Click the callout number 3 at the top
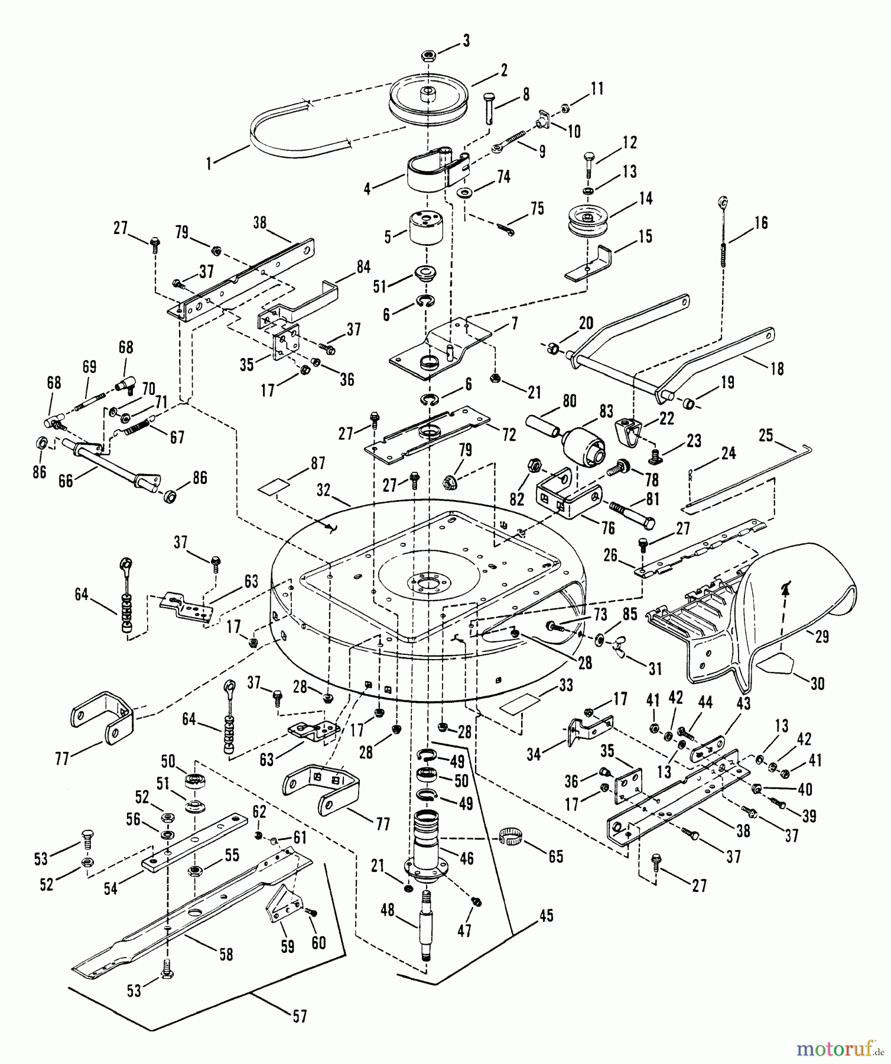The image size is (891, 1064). [466, 41]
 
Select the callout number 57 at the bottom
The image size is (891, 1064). [300, 1016]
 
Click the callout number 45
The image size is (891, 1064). [547, 916]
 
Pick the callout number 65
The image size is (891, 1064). [555, 856]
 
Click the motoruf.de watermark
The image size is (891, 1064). [833, 1049]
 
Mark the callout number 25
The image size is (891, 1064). [766, 436]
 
